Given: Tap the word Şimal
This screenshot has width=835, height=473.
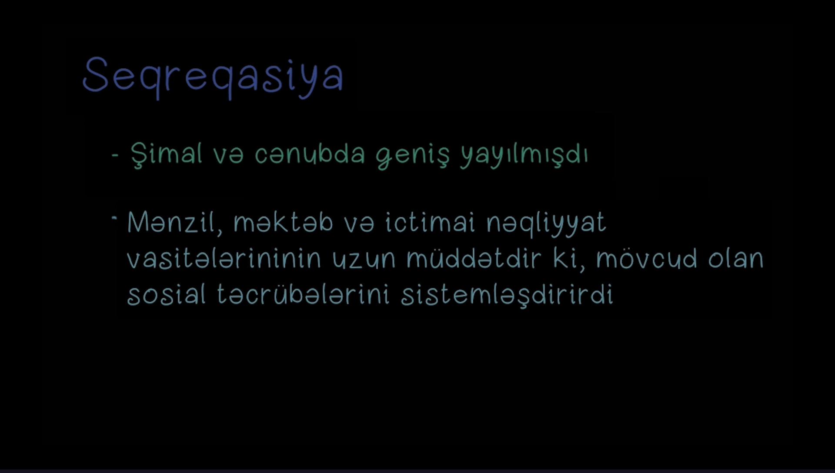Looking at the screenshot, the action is (167, 155).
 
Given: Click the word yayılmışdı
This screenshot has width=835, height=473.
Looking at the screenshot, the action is (524, 156).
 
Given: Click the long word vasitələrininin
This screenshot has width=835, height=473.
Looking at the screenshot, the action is (224, 258).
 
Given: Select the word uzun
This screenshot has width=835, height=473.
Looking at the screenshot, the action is (364, 260).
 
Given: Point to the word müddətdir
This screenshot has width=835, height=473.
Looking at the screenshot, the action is (474, 258).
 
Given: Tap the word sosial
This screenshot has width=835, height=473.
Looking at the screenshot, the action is (166, 294).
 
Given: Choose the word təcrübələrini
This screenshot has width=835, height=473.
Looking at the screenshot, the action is (303, 294).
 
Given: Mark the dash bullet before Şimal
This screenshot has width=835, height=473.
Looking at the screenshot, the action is (115, 154).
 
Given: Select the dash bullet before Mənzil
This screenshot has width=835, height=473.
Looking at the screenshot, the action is (114, 217).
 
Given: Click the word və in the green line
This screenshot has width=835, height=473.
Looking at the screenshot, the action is (228, 155).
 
